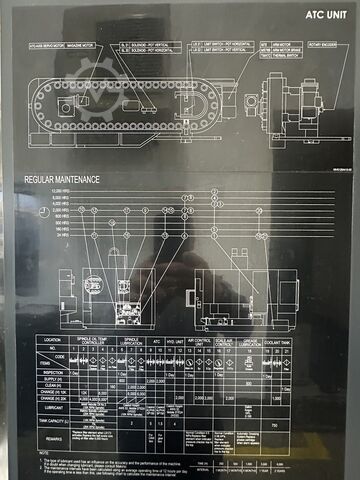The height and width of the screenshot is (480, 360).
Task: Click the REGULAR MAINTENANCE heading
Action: pyautogui.click(x=62, y=180)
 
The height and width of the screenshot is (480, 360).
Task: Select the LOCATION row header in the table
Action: pyautogui.click(x=51, y=340)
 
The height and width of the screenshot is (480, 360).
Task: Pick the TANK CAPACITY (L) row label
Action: pyautogui.click(x=52, y=422)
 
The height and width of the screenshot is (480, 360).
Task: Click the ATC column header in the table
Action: pyautogui.click(x=154, y=340)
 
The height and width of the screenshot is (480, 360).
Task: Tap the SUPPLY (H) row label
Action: pyautogui.click(x=53, y=379)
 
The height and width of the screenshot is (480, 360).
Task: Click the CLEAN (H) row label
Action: pyautogui.click(x=53, y=386)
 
